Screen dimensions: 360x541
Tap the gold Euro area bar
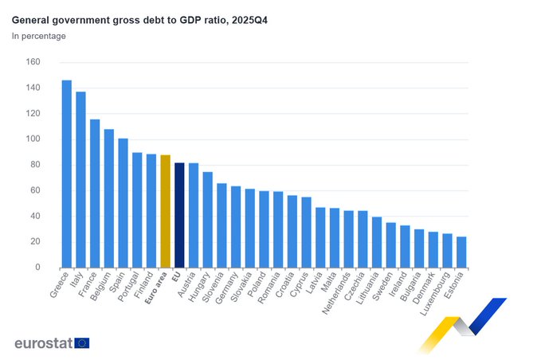click(x=165, y=211)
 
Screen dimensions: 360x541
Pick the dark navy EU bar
click(x=179, y=215)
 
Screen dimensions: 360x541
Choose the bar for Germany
click(x=236, y=227)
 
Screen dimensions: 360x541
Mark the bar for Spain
click(x=123, y=203)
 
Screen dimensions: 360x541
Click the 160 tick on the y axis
click(x=33, y=62)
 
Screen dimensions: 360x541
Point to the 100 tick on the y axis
click(x=33, y=139)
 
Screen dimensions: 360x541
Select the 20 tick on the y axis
click(x=35, y=242)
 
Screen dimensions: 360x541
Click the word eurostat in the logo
click(x=43, y=342)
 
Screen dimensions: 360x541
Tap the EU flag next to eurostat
click(x=82, y=342)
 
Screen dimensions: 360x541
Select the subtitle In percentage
click(x=39, y=36)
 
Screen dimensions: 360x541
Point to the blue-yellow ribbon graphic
click(x=461, y=323)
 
